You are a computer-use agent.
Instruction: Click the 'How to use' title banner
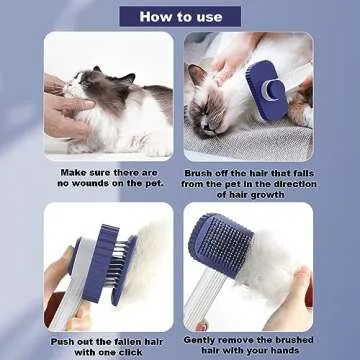click(x=180, y=15)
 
